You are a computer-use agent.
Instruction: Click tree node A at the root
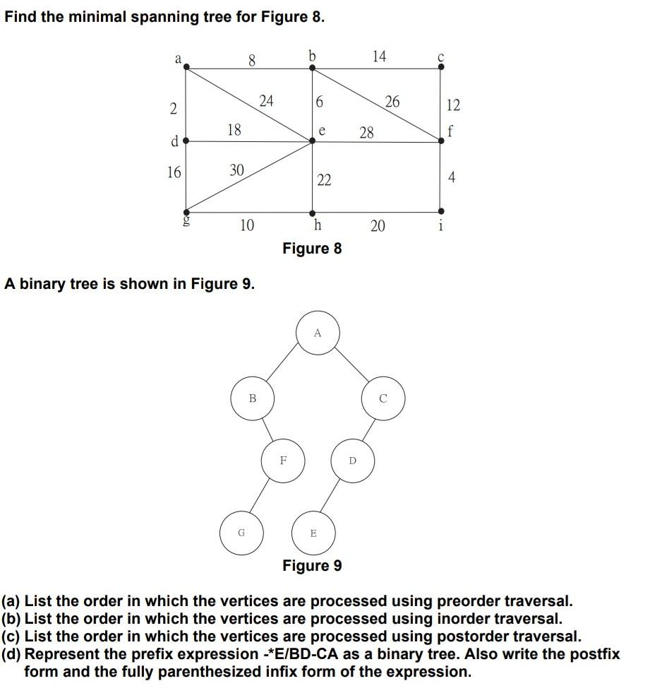click(x=318, y=332)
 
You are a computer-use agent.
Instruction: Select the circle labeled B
click(x=253, y=398)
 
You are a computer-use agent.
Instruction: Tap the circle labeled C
click(x=383, y=398)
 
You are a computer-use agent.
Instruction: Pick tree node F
click(x=283, y=460)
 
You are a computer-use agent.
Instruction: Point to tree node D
click(x=353, y=461)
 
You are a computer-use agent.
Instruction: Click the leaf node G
click(x=241, y=533)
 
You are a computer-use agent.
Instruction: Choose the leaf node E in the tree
click(x=313, y=533)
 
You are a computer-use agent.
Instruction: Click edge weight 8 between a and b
click(x=252, y=61)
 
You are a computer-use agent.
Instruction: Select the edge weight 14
click(x=380, y=57)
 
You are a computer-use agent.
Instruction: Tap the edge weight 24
click(x=266, y=101)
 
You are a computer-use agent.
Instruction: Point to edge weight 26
click(x=392, y=102)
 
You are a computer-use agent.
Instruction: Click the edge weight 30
click(x=237, y=170)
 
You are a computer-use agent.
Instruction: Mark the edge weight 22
click(x=324, y=180)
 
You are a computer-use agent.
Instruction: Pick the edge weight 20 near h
click(x=378, y=225)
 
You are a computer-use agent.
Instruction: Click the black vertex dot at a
click(x=186, y=68)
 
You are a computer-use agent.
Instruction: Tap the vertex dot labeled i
click(x=442, y=211)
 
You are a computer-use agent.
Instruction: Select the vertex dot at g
click(x=186, y=211)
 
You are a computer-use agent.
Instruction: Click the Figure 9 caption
click(x=312, y=565)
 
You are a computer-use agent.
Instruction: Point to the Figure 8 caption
click(x=312, y=248)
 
